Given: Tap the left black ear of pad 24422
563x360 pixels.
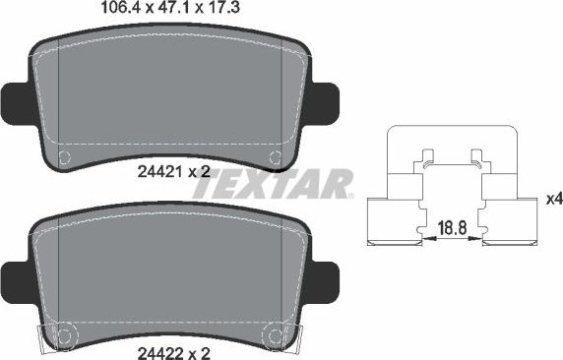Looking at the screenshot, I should pos(18,278).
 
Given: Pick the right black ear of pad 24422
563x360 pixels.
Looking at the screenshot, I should pos(325,278).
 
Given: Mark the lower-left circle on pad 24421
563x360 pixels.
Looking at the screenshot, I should pos(64,156).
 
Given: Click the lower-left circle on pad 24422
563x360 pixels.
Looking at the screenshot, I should pos(64,335).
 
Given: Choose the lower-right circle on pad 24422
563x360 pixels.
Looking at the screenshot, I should pos(278,335).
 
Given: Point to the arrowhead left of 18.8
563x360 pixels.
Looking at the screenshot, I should pos(425,236).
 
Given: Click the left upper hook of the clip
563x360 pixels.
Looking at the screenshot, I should pos(427,155).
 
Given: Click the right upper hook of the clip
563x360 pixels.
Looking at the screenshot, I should pos(476,155).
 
